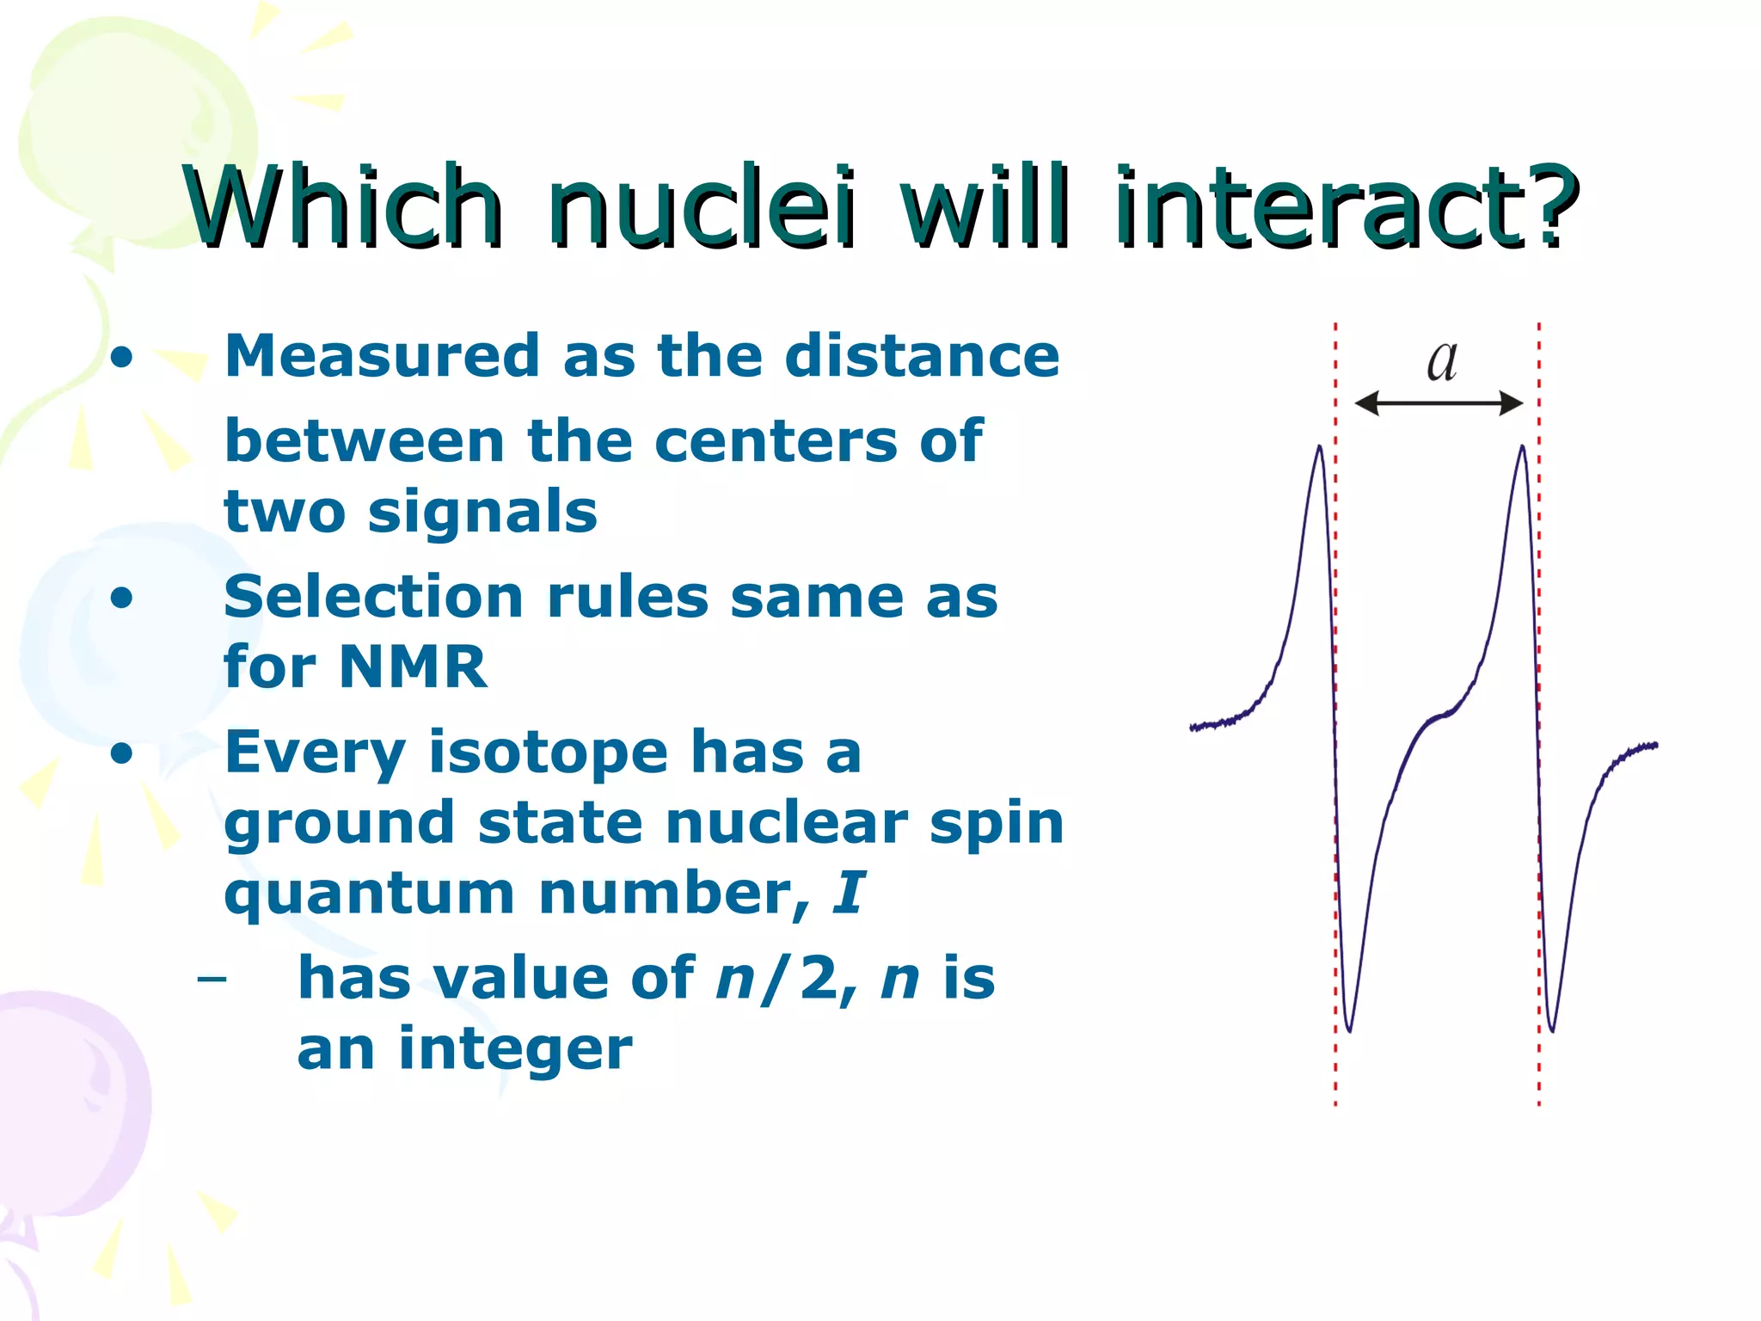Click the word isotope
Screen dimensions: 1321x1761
(548, 753)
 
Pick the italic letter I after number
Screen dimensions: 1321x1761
(849, 893)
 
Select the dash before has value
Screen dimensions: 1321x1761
(212, 979)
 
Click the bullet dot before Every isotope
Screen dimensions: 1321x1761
(122, 753)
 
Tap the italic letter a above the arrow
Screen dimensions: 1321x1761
(1442, 361)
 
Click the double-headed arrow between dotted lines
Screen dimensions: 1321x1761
(1439, 402)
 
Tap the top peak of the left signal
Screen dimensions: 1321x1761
(1319, 447)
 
